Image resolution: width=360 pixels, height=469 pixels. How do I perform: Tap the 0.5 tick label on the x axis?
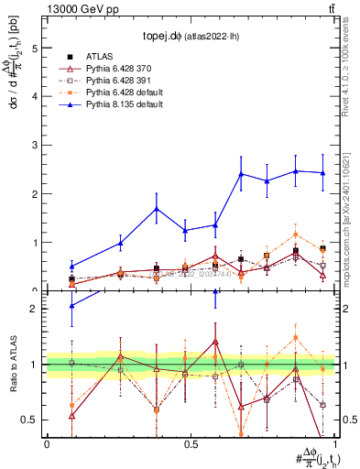[x=191, y=444]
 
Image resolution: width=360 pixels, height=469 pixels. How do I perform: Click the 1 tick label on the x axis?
[x=334, y=444]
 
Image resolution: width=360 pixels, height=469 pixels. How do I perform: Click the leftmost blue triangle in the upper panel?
[x=71, y=267]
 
